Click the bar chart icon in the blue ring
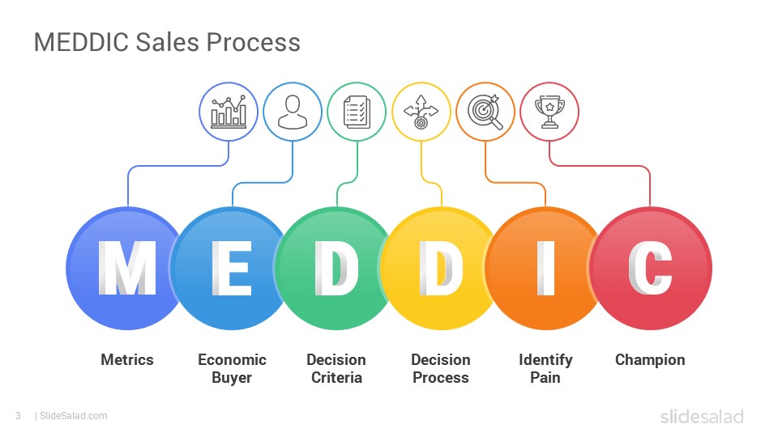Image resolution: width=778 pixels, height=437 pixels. tap(229, 112)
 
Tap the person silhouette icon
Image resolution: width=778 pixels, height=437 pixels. tap(293, 112)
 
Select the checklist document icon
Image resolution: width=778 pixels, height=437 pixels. tap(357, 112)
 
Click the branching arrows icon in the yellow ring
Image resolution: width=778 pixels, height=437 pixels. tap(421, 112)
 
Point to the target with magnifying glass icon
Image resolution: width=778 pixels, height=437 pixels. tap(485, 112)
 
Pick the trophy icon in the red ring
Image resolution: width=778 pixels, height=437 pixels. tap(549, 112)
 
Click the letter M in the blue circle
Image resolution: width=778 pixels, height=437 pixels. tap(127, 268)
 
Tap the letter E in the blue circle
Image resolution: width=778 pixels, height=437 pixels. tap(232, 268)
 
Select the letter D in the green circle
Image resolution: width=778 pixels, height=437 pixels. tap(336, 268)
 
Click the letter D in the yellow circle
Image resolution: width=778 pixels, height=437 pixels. tap(441, 268)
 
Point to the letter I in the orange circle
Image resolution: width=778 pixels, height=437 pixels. tap(545, 268)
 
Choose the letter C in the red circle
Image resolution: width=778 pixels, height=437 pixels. tap(650, 268)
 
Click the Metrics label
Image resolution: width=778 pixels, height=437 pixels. tap(127, 359)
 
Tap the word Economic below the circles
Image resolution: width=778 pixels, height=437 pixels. tap(233, 359)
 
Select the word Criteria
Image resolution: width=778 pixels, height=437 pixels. tap(336, 378)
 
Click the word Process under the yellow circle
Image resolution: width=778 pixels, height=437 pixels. tap(441, 378)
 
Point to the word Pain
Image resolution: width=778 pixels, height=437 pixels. tap(545, 378)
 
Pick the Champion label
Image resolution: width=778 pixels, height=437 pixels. tap(650, 360)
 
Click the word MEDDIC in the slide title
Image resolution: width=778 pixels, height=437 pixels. tap(82, 42)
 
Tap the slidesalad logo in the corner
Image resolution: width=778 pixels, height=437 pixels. tap(702, 416)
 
